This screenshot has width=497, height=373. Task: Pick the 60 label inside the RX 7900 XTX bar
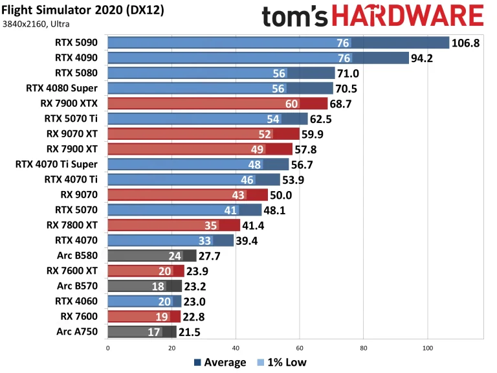point(291,104)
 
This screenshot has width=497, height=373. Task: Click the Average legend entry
point(219,362)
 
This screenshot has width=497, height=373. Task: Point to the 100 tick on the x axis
point(427,346)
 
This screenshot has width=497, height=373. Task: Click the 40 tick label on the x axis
point(236,346)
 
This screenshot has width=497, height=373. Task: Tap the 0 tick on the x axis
point(107,346)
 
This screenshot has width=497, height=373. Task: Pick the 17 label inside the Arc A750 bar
point(155,332)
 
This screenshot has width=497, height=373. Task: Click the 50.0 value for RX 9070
point(283,195)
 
